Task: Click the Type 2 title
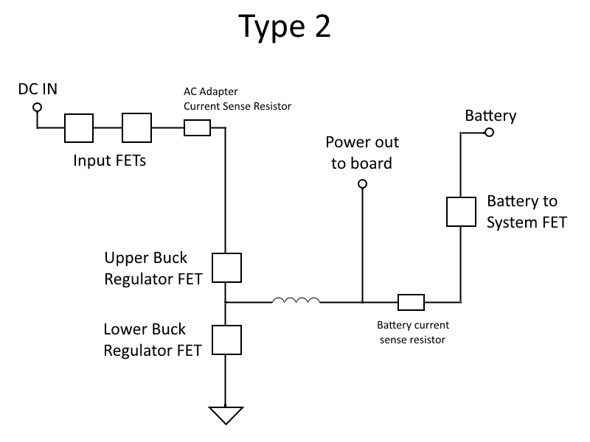click(x=285, y=27)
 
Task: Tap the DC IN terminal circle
click(x=37, y=108)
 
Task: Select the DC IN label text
click(x=38, y=89)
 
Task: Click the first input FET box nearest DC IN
click(x=79, y=128)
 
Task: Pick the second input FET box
click(x=136, y=128)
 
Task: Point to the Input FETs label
click(x=109, y=160)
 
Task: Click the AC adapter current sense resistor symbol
click(x=197, y=128)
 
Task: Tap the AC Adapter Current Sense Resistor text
click(x=237, y=99)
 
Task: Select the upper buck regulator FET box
click(x=226, y=267)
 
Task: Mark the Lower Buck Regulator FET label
click(x=152, y=340)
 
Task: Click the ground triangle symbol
click(x=226, y=415)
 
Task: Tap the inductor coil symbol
click(x=296, y=300)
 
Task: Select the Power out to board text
click(x=361, y=152)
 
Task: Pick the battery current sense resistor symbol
click(x=411, y=301)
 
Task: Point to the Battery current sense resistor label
click(x=413, y=332)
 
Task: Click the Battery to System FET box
click(x=460, y=211)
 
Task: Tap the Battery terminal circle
click(x=489, y=133)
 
